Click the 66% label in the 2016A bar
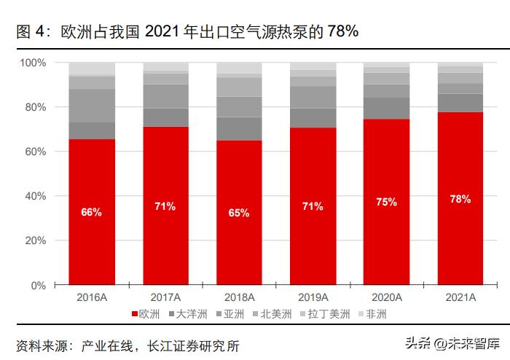pos(92,213)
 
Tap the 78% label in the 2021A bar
pos(460,199)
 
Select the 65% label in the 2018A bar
pos(239,214)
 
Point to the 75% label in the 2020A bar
pos(386,203)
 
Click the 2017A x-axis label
pos(165,297)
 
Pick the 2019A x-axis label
pos(313,297)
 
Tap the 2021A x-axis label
pos(460,297)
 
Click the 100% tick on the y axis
pos(33,63)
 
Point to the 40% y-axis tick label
pos(35,196)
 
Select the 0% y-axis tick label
pos(38,285)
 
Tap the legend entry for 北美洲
pos(275,315)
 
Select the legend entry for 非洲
pos(374,315)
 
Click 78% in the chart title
pos(342,31)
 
